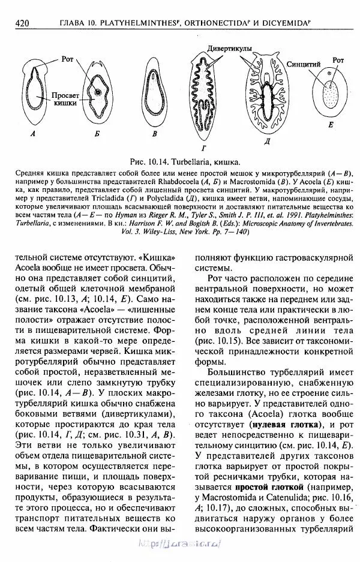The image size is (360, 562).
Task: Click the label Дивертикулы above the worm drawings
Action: pyautogui.click(x=230, y=47)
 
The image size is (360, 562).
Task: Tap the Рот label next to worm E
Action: pyautogui.click(x=339, y=61)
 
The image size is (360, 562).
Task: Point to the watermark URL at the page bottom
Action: pyautogui.click(x=181, y=542)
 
